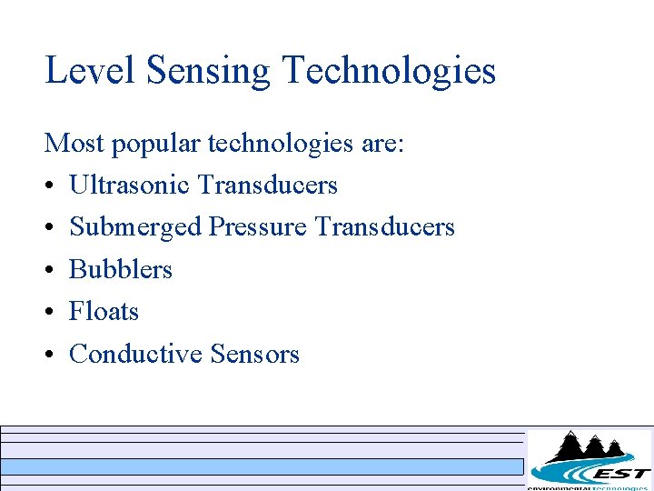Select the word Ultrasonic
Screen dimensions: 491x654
(129, 185)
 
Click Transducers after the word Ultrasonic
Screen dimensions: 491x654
(267, 185)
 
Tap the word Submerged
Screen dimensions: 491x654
(135, 228)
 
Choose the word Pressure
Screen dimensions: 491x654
(258, 227)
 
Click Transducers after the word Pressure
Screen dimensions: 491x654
(384, 227)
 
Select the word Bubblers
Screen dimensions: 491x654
(121, 270)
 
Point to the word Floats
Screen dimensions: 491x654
(104, 312)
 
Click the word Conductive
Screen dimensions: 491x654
(136, 354)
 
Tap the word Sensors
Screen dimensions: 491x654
(254, 354)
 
